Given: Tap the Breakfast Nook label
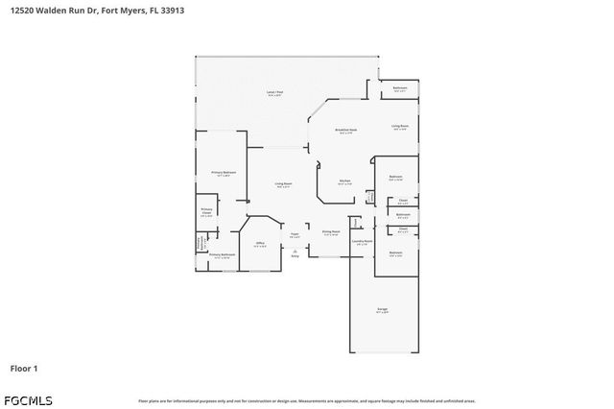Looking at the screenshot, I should tap(346, 131).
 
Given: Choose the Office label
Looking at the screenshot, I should tap(259, 244).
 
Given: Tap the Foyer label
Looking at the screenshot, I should tap(295, 234).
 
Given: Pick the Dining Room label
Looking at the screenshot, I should tap(330, 232).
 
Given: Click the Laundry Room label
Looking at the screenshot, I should tap(361, 242).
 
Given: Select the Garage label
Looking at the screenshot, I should tap(382, 310).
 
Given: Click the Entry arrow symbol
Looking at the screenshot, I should tap(295, 252).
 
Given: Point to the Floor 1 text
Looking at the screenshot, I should tap(24, 368).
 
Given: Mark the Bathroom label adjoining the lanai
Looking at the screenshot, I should tap(400, 89).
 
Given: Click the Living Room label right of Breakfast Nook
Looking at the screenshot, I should tap(399, 126).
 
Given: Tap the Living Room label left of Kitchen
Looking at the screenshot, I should tap(284, 184).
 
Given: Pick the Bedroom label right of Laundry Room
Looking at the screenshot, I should tap(395, 253).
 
